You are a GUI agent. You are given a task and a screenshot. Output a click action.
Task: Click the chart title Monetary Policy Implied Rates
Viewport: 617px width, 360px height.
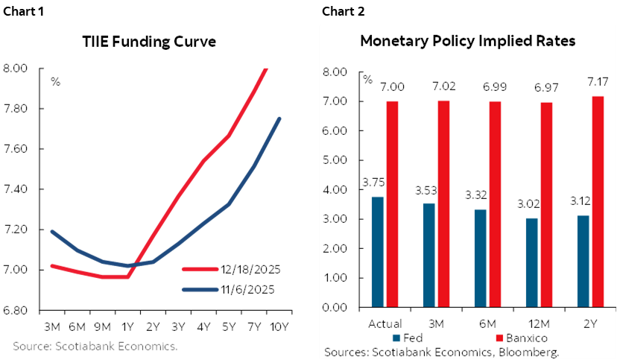(x=467, y=42)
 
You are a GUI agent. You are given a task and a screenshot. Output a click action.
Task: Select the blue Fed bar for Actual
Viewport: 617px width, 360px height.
(x=378, y=252)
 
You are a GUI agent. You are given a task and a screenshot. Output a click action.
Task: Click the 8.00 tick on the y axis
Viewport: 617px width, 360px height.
(x=336, y=72)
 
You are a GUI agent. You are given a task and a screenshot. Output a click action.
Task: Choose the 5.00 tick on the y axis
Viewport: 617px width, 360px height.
(x=336, y=160)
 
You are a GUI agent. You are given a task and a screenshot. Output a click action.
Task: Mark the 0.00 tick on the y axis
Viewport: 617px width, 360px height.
(x=336, y=307)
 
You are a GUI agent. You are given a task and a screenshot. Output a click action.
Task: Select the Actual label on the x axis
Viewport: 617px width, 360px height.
(x=385, y=324)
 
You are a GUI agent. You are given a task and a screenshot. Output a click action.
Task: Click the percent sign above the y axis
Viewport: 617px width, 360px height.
(x=367, y=78)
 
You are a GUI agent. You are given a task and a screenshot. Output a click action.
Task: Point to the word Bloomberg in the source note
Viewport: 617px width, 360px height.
(x=531, y=352)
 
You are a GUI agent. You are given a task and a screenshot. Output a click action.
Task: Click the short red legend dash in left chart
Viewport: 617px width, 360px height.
(x=200, y=268)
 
